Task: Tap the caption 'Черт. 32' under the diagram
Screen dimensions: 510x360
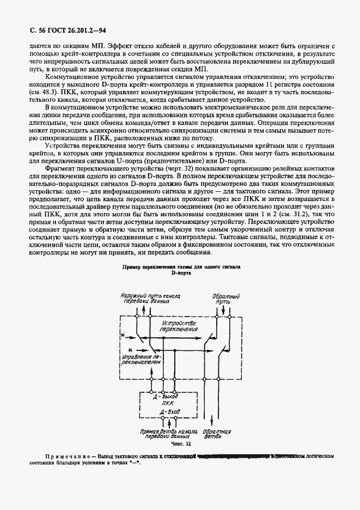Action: [x=180, y=444]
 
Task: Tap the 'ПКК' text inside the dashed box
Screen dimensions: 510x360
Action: [x=167, y=404]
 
